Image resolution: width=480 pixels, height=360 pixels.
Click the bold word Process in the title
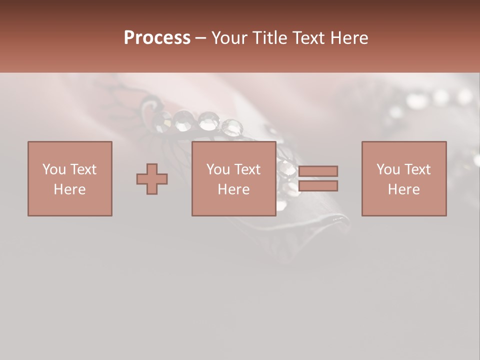[157, 38]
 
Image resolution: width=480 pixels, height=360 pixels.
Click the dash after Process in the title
[200, 38]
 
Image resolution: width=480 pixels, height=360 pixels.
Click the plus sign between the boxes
[152, 178]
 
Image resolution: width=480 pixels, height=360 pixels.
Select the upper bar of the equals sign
[318, 171]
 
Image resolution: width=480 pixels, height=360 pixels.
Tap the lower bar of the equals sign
[318, 185]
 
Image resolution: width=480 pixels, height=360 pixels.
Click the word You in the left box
[54, 169]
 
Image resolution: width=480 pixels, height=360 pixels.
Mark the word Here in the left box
[69, 189]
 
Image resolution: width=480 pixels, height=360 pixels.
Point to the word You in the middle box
[218, 169]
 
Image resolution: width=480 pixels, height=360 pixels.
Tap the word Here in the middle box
[234, 189]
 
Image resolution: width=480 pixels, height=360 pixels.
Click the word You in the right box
[388, 169]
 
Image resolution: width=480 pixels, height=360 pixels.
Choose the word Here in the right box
[404, 189]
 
